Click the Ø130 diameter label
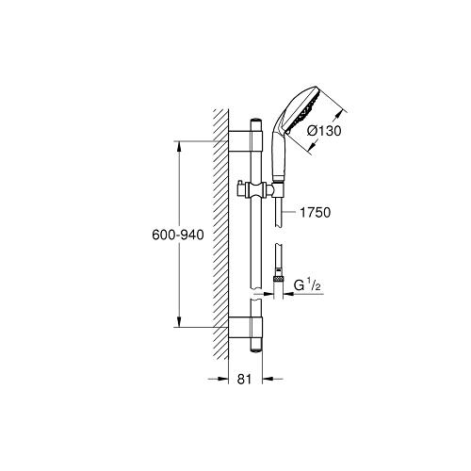[x=324, y=131]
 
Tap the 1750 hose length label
[x=316, y=213]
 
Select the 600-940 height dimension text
[x=178, y=235]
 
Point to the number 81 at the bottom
[x=244, y=380]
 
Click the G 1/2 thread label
[x=307, y=285]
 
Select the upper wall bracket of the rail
[x=245, y=141]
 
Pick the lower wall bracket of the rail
[x=245, y=328]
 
